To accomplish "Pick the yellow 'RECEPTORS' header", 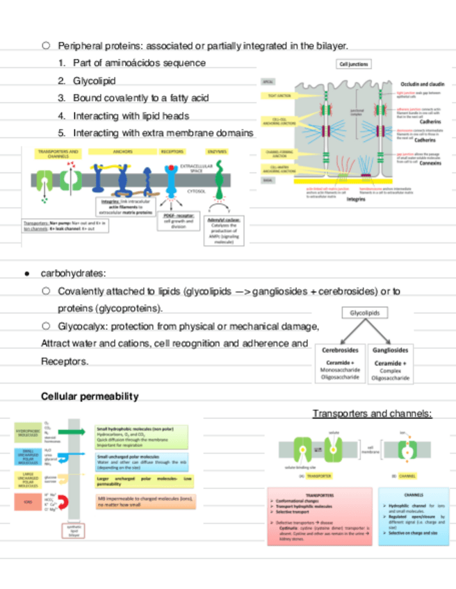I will click(x=172, y=151).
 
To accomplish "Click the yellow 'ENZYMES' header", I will click(x=216, y=151).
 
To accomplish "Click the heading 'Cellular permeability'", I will click(x=90, y=397).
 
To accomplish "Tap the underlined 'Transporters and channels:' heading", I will click(x=372, y=414).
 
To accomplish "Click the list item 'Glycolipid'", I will click(x=94, y=81).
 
